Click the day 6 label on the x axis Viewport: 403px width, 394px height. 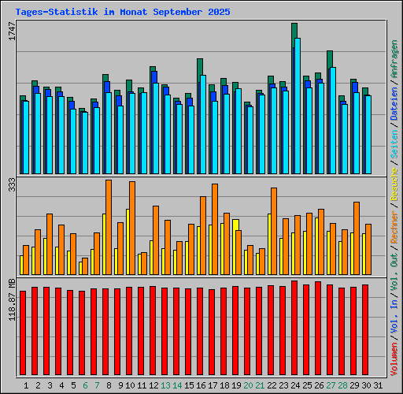tap(84, 385)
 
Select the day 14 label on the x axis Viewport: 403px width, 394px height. tap(178, 385)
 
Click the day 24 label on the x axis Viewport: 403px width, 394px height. tap(295, 385)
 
